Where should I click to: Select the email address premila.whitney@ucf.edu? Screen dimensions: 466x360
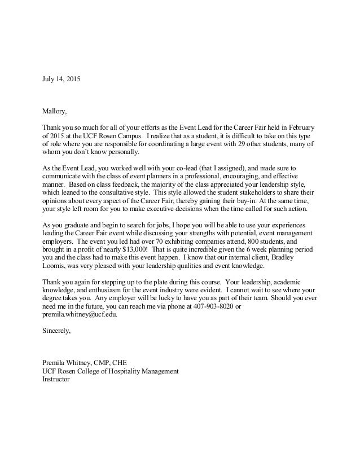point(80,315)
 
